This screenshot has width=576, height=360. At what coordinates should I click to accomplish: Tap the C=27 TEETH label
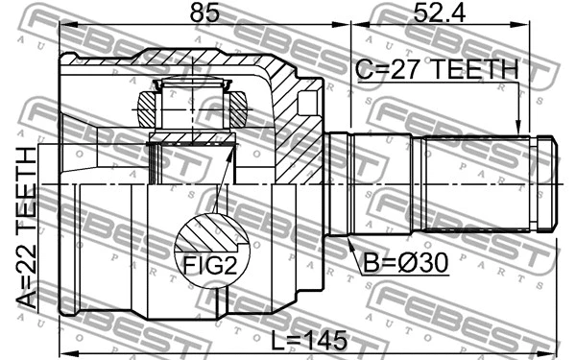pyautogui.click(x=436, y=69)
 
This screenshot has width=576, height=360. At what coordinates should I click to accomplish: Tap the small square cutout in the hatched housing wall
pyautogui.click(x=309, y=102)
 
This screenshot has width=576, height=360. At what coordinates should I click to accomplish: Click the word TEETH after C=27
pyautogui.click(x=471, y=69)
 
